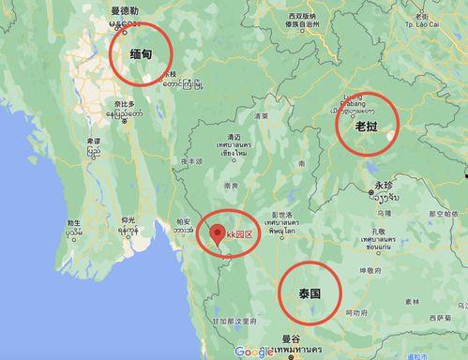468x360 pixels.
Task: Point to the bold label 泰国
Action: (310, 293)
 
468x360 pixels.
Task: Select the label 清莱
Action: (261, 117)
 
